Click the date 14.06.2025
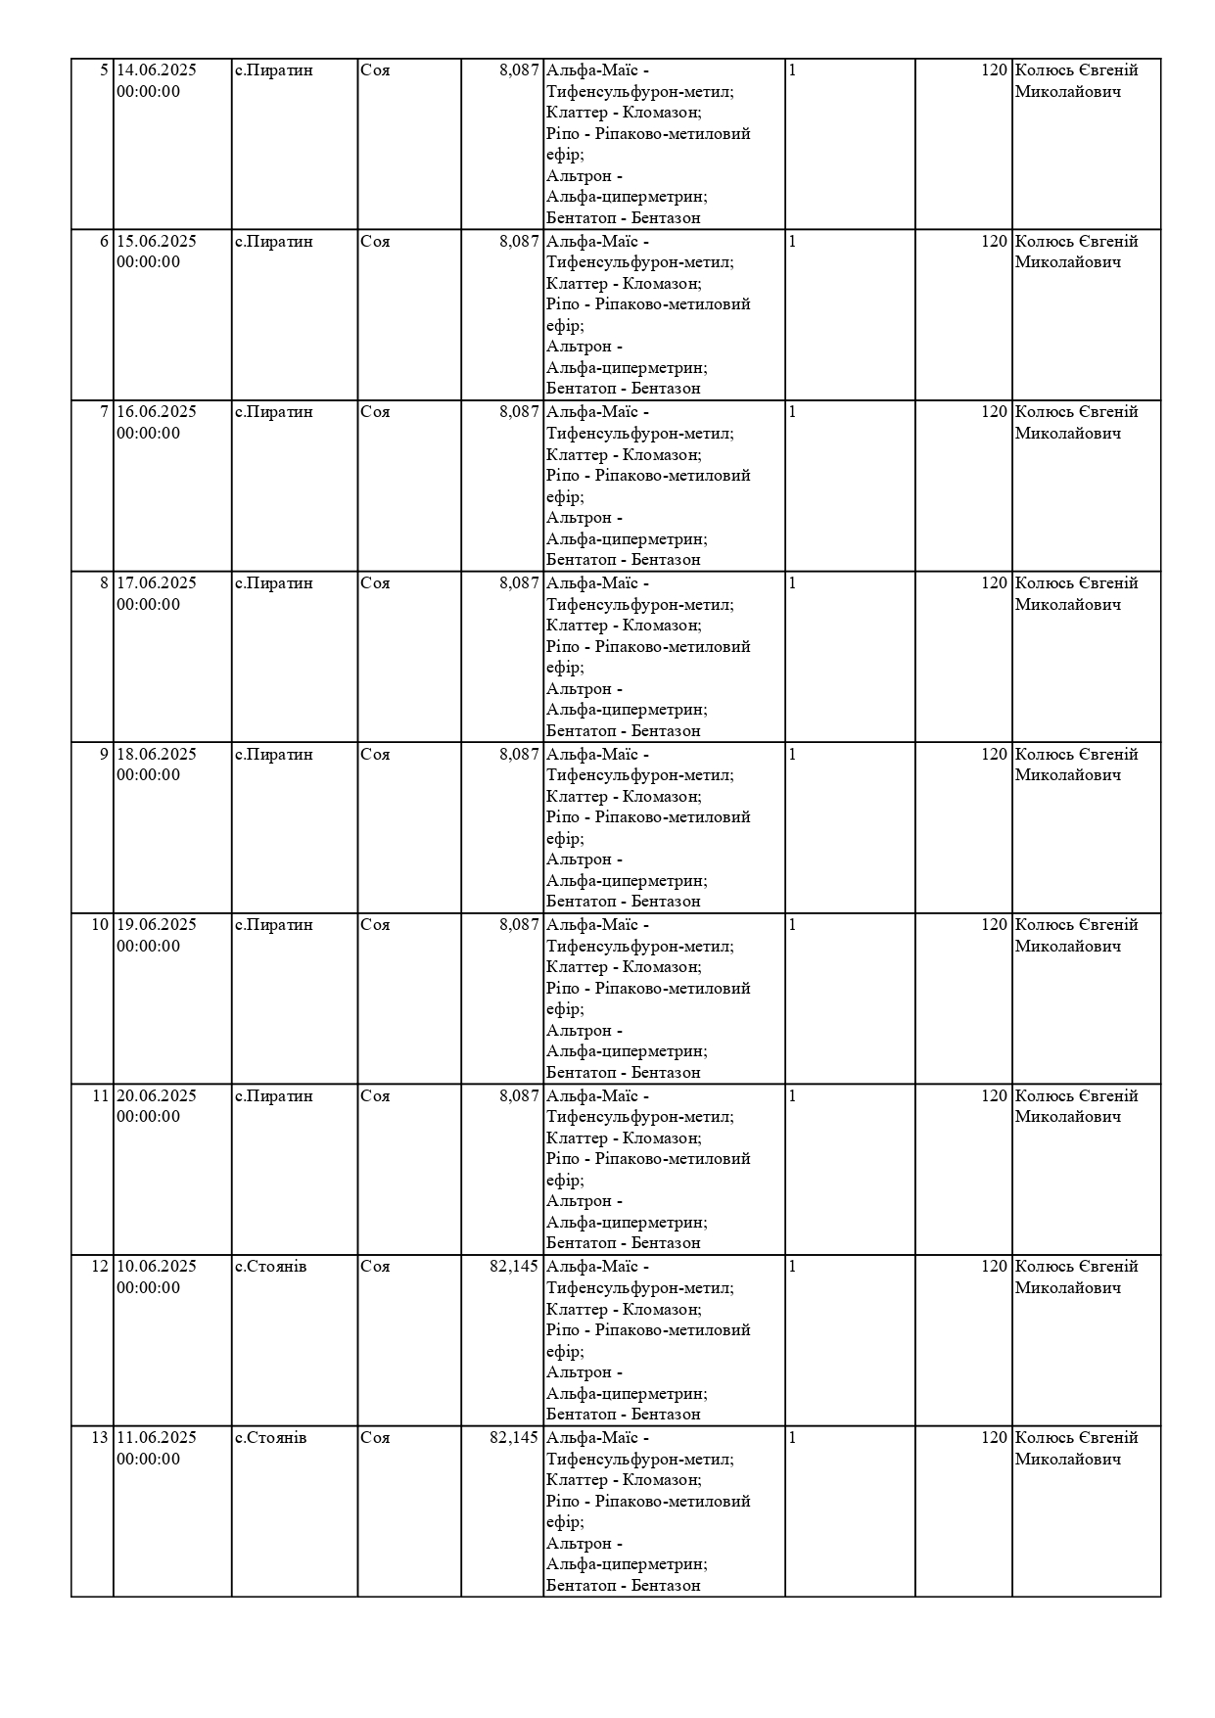(x=157, y=70)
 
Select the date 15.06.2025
(x=157, y=242)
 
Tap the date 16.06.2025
(x=157, y=412)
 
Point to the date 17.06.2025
(x=157, y=583)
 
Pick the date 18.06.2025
(x=157, y=755)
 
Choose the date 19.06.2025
(x=157, y=925)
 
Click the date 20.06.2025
(x=157, y=1096)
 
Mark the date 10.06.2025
(x=157, y=1267)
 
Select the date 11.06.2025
(x=157, y=1438)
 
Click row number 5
(x=105, y=70)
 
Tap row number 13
(x=100, y=1438)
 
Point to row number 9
(x=105, y=755)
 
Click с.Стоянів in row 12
(x=271, y=1267)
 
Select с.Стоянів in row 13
(x=271, y=1438)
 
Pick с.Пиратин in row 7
(x=274, y=412)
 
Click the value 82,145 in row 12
(x=514, y=1267)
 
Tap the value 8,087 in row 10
(x=519, y=925)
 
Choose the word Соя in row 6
(x=375, y=242)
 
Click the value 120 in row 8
(x=994, y=583)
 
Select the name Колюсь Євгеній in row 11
(x=1076, y=1096)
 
